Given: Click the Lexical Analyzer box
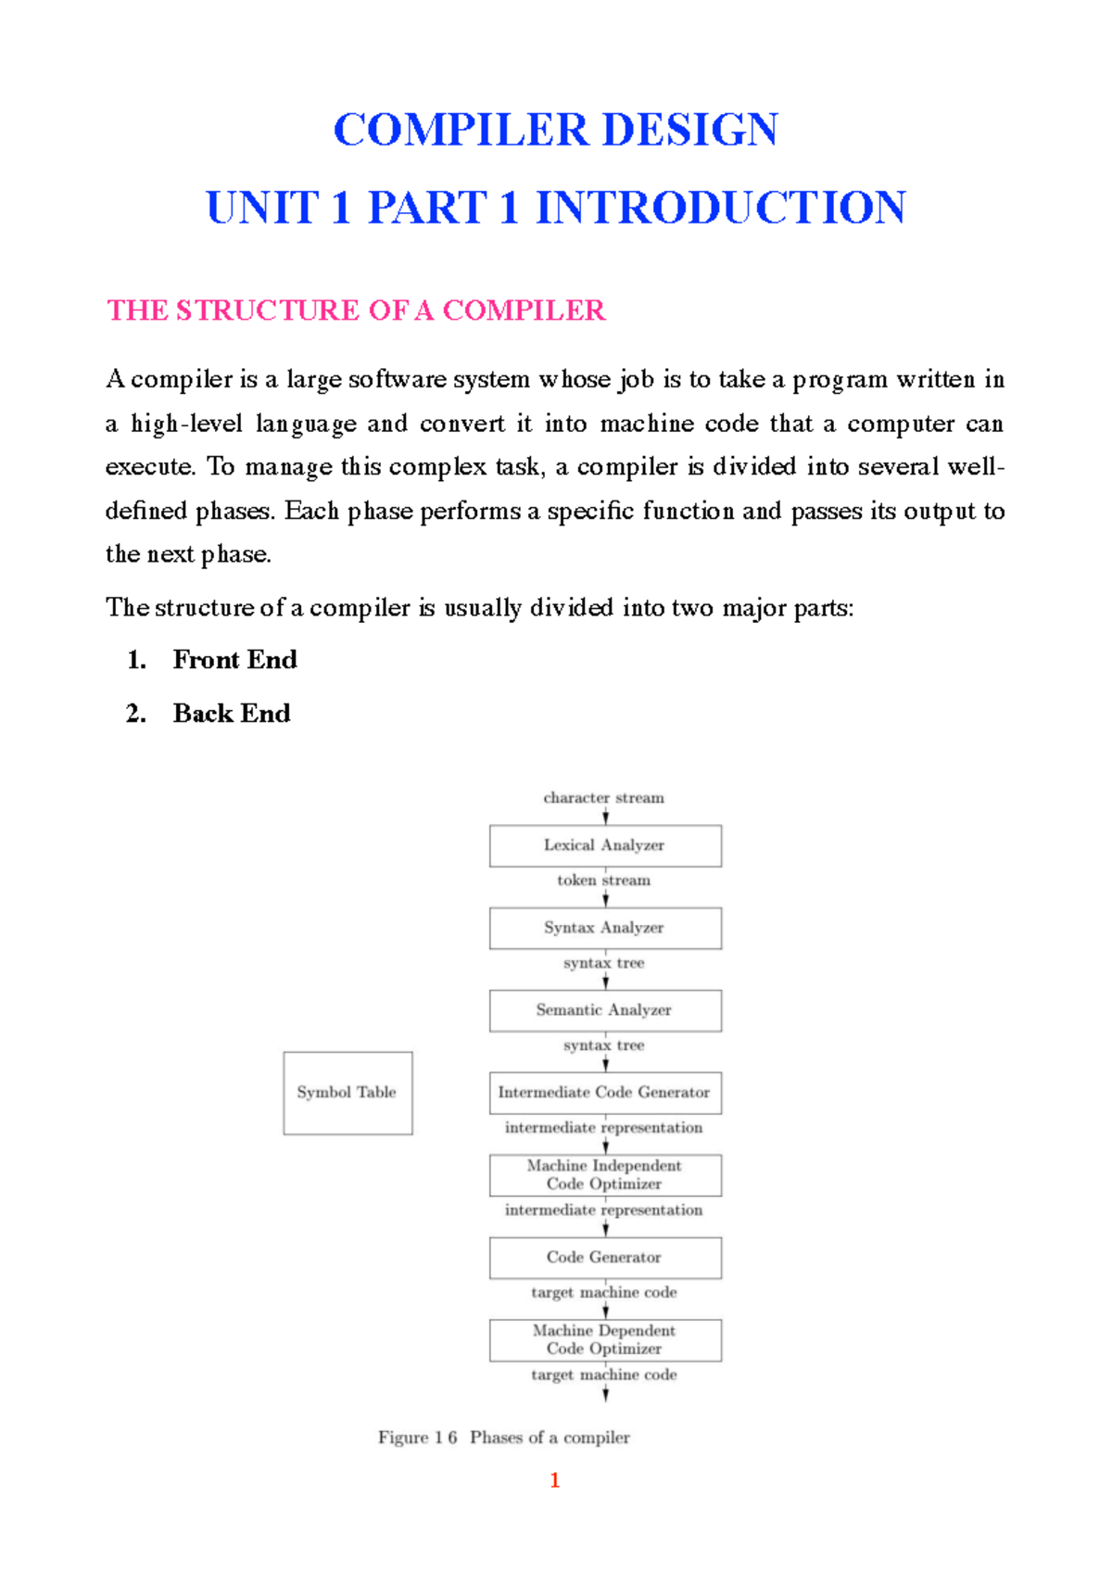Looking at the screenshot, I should (x=605, y=845).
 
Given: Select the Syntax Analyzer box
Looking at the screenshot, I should (x=605, y=928).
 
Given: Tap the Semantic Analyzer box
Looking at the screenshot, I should (x=605, y=1010).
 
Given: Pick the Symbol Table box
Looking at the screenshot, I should (x=347, y=1093).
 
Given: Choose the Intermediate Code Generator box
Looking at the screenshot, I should (x=605, y=1093).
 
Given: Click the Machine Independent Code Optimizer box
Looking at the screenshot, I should (x=605, y=1175).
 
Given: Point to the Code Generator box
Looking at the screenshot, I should (x=605, y=1258).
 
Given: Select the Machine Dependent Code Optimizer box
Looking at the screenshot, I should (x=605, y=1340).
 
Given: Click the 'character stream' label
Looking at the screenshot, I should (x=603, y=798).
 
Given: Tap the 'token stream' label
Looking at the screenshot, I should (x=603, y=881).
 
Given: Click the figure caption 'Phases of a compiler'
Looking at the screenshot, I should (x=550, y=1438).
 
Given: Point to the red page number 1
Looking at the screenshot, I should (x=555, y=1480).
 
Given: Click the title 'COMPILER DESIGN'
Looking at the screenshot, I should (x=556, y=130).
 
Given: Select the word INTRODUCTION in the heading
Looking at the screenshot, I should (x=721, y=208).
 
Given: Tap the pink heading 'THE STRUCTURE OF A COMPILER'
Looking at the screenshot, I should (x=356, y=311).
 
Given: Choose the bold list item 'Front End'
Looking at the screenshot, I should (x=234, y=660).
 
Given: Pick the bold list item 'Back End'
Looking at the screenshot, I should (x=232, y=714).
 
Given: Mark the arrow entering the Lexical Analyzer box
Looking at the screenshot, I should (x=606, y=817).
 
